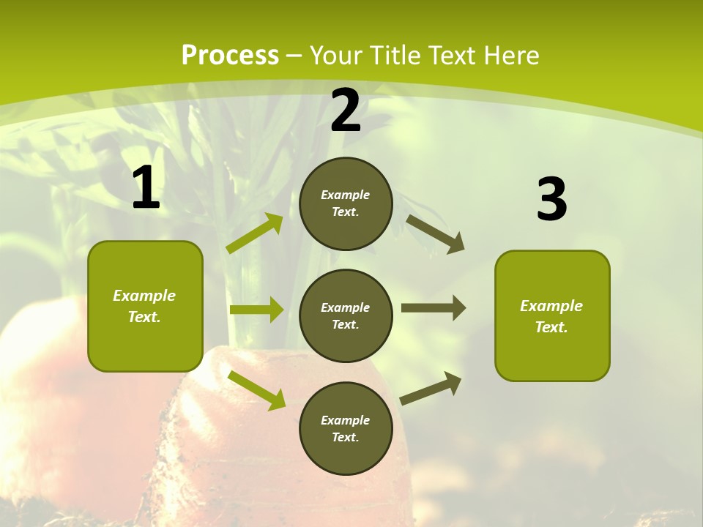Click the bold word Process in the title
pos(230,56)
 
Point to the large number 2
pos(346,111)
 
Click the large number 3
pos(551,199)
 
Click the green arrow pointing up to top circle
pos(255,233)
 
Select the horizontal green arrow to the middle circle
pos(256,310)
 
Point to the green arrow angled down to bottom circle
pos(257,389)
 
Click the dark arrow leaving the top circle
pos(435,234)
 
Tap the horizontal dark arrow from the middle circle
pos(434,308)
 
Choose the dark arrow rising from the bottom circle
pos(431,388)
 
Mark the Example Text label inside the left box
pos(144,306)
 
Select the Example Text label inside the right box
pos(551,316)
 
